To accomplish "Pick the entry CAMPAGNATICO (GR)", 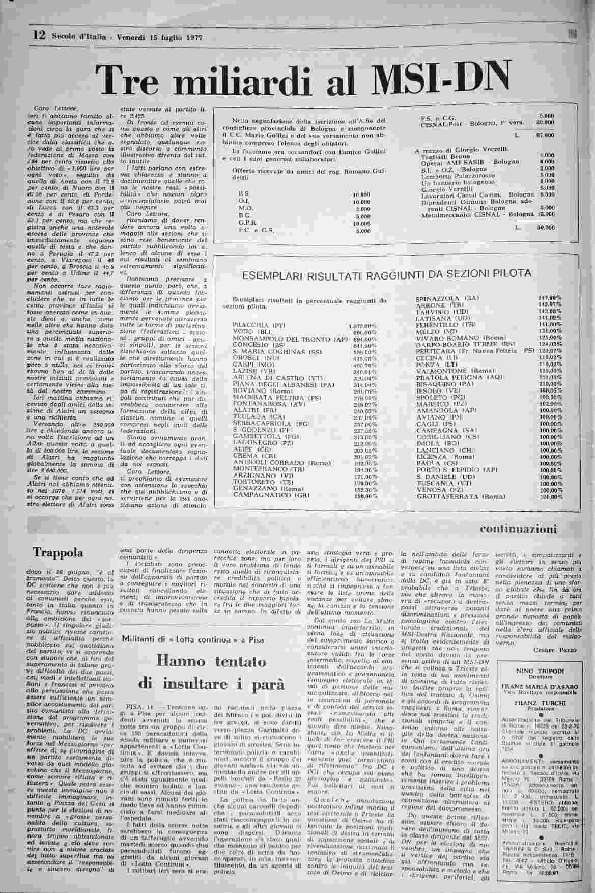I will click(x=265, y=495).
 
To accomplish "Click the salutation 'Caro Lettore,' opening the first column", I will click(x=48, y=108).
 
